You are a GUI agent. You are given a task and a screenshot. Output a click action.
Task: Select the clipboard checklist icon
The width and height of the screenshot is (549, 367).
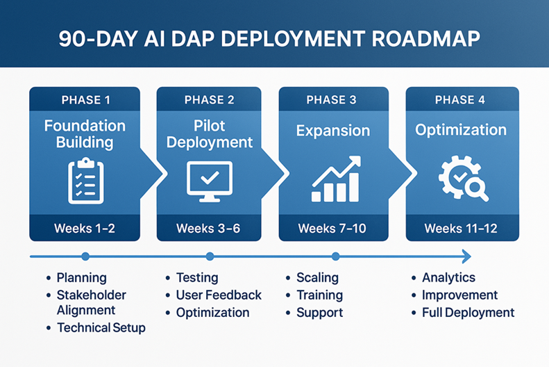pyautogui.click(x=86, y=181)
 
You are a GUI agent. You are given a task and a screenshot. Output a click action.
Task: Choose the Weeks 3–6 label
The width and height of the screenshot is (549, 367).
pyautogui.click(x=208, y=228)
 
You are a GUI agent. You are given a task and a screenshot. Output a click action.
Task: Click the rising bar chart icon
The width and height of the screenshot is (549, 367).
pyautogui.click(x=336, y=179)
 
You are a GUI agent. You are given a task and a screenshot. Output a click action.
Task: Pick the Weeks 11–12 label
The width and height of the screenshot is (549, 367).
pyautogui.click(x=461, y=228)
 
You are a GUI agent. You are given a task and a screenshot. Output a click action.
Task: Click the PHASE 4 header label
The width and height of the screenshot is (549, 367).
pyautogui.click(x=460, y=100)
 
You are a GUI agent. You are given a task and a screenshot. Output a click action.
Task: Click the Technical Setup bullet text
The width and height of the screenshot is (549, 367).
pyautogui.click(x=101, y=327)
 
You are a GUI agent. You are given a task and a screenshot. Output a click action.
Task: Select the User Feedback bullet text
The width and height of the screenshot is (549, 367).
pyautogui.click(x=219, y=295)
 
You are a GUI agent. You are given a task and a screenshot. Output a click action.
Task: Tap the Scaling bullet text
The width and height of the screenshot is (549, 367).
pyautogui.click(x=317, y=277)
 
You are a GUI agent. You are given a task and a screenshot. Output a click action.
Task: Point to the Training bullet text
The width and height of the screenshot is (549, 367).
pyautogui.click(x=319, y=295)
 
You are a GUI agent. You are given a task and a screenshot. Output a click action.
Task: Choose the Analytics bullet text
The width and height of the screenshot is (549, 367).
pyautogui.click(x=448, y=277)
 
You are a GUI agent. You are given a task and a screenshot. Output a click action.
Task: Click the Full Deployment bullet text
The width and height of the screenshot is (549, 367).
pyautogui.click(x=468, y=312)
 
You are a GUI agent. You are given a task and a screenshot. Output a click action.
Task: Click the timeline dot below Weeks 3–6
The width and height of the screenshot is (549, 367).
pyautogui.click(x=210, y=256)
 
